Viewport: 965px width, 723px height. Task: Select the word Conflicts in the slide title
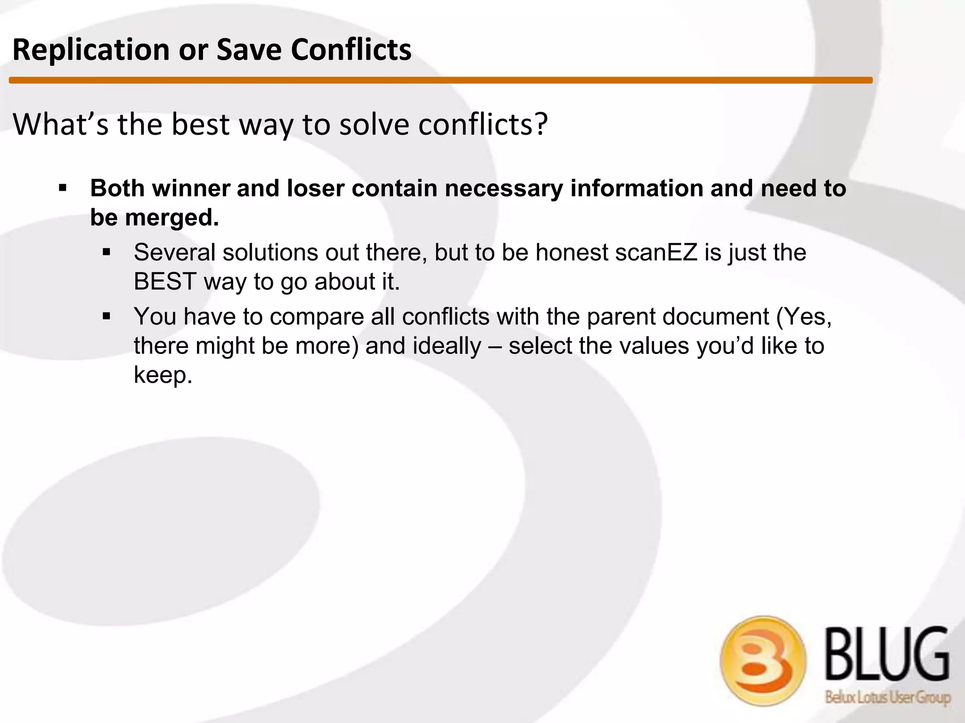click(351, 50)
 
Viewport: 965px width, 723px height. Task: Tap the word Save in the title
click(248, 50)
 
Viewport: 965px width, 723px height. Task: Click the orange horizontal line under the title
click(441, 80)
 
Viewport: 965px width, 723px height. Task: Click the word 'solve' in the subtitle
click(374, 124)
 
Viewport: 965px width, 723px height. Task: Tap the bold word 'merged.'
click(172, 217)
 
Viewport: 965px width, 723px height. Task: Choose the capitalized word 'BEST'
click(165, 281)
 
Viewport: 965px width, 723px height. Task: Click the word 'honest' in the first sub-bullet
click(572, 252)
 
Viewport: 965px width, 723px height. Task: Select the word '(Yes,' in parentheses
click(804, 316)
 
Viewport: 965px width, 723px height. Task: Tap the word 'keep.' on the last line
click(163, 375)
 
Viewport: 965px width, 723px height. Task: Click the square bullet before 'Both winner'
click(63, 189)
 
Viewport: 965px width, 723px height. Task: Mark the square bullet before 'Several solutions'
click(106, 253)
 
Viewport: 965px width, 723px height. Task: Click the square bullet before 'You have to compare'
click(106, 316)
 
